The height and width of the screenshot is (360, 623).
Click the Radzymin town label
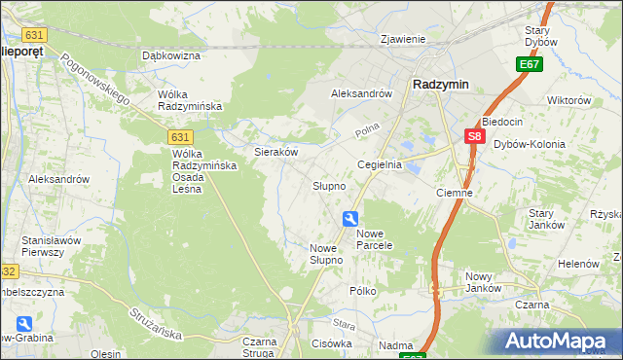click(x=440, y=84)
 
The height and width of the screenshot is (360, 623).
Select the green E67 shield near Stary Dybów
click(x=529, y=64)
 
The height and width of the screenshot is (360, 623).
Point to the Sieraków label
click(x=275, y=152)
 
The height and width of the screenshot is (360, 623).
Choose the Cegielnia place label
click(x=380, y=165)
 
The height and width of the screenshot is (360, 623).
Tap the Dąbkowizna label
click(x=170, y=56)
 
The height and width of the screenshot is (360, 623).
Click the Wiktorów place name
click(x=569, y=100)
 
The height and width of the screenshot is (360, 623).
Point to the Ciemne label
click(x=454, y=193)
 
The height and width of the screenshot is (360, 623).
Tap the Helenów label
click(x=577, y=264)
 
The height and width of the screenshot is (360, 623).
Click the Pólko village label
click(x=363, y=291)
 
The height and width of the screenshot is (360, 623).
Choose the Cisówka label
click(x=331, y=343)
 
